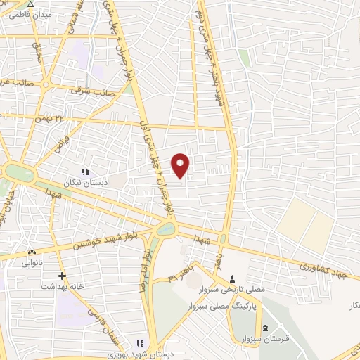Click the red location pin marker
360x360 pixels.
click(181, 165)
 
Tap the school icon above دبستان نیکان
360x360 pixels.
click(86, 172)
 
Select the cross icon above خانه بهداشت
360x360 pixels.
click(62, 276)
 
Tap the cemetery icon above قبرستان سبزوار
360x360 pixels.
click(265, 328)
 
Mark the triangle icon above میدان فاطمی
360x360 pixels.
click(30, 4)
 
